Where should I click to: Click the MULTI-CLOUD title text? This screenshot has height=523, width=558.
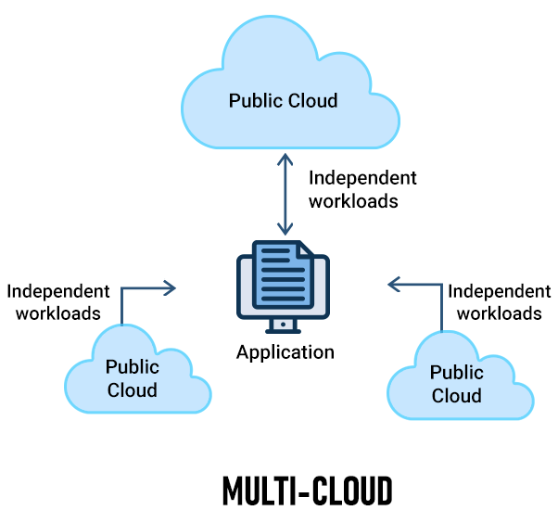(307, 491)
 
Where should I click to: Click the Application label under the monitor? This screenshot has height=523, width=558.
(285, 352)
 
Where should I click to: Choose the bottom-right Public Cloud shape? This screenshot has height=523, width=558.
(458, 383)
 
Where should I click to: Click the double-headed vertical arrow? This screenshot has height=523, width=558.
(286, 195)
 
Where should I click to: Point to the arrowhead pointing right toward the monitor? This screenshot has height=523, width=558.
(170, 288)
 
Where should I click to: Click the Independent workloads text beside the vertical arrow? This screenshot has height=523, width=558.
(362, 189)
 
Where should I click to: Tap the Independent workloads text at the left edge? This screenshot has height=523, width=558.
(57, 301)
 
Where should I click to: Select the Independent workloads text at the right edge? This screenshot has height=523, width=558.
(499, 301)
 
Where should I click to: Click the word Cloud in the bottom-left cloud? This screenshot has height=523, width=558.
(133, 389)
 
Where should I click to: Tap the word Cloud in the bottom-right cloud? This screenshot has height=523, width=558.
(457, 395)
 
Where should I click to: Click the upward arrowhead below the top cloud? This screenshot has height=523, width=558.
(286, 159)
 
